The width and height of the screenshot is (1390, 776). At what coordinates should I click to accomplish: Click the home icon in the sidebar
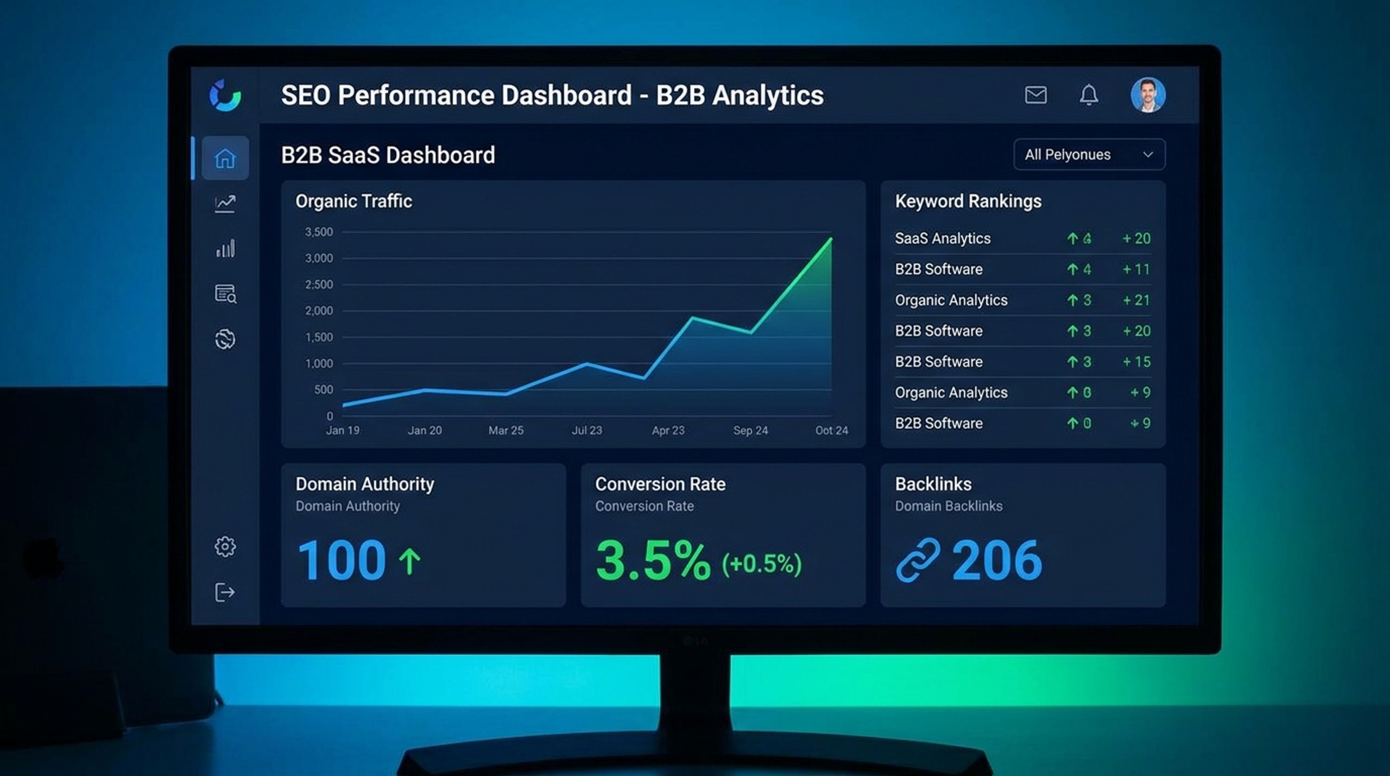[x=225, y=159]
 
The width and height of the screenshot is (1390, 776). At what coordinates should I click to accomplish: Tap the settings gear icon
[x=225, y=546]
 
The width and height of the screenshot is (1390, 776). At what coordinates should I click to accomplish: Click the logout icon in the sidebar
[x=225, y=592]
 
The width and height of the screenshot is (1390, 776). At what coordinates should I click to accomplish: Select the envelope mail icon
[x=1035, y=95]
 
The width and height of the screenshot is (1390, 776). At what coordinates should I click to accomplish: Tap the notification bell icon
[x=1089, y=95]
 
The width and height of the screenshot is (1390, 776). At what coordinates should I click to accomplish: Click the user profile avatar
[x=1148, y=95]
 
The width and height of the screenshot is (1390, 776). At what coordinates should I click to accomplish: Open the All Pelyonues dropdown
[x=1089, y=155]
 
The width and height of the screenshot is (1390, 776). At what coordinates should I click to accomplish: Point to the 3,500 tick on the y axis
[x=319, y=232]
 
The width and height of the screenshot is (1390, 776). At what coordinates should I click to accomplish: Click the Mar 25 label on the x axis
[x=506, y=431]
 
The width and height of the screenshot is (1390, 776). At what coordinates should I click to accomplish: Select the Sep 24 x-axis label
[x=750, y=431]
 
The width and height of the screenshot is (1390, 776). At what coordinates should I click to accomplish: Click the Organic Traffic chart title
[x=353, y=201]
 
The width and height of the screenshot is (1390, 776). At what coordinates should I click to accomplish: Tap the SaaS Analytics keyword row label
[x=943, y=238]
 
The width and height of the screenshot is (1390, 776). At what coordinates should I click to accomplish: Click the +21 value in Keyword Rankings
[x=1136, y=300]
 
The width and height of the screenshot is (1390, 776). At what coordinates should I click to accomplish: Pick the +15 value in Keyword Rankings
[x=1136, y=362]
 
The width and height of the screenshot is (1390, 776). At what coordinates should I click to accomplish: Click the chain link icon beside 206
[x=918, y=560]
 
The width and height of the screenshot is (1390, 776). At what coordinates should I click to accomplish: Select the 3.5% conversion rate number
[x=653, y=560]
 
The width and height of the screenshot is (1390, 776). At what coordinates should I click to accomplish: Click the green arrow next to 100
[x=410, y=561]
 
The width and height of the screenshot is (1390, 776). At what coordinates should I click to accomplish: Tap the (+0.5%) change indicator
[x=761, y=564]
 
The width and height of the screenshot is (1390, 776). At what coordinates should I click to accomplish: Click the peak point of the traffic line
[x=831, y=238]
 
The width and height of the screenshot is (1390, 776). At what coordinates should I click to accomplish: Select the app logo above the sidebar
[x=225, y=95]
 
